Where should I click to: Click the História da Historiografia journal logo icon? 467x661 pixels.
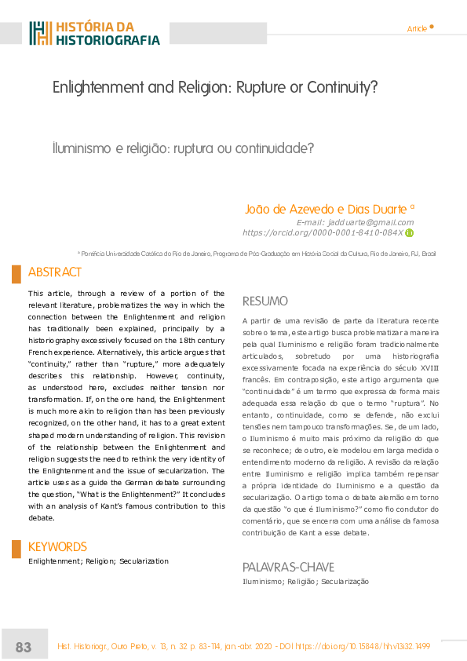click(x=41, y=33)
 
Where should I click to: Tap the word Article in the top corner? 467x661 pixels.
click(x=417, y=29)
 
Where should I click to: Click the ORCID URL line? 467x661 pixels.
click(x=323, y=232)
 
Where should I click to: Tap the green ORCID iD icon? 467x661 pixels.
click(x=409, y=232)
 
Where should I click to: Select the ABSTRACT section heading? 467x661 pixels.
click(x=55, y=272)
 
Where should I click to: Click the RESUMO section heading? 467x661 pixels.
click(x=265, y=301)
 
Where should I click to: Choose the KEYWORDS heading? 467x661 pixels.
click(x=57, y=546)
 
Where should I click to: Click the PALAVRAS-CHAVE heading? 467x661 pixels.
click(x=289, y=567)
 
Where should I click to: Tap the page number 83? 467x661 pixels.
click(x=24, y=647)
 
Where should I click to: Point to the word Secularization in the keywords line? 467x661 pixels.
click(x=144, y=561)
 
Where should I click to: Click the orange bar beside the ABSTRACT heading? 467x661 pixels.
click(x=16, y=273)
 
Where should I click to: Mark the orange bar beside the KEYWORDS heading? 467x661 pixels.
click(x=16, y=549)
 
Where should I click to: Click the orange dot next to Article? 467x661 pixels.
click(x=432, y=26)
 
